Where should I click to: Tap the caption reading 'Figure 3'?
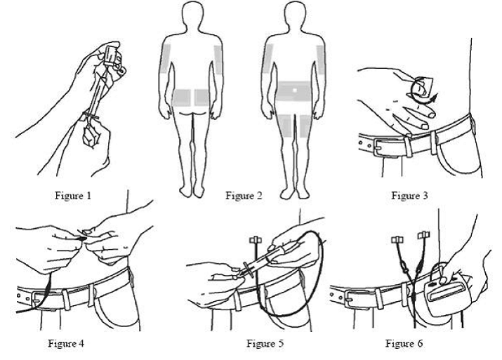click(x=409, y=195)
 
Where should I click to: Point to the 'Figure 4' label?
click(x=65, y=343)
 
